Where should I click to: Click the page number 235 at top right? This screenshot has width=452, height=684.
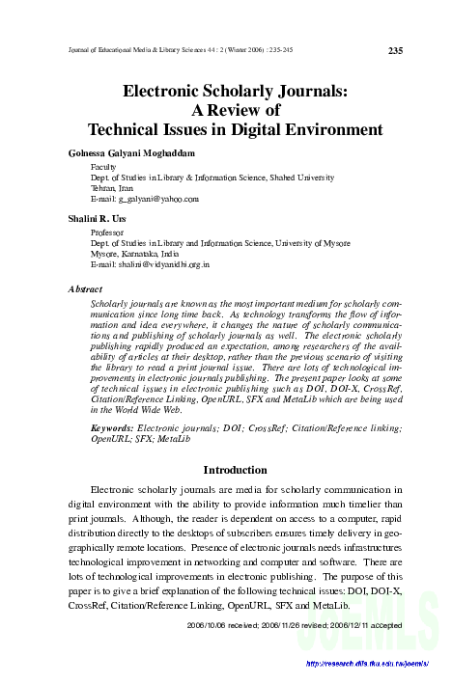[395, 51]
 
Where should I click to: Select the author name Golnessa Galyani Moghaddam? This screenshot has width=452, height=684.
[138, 153]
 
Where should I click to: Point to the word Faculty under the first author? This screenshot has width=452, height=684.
[105, 167]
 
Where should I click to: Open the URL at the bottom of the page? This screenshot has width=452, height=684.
[365, 664]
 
